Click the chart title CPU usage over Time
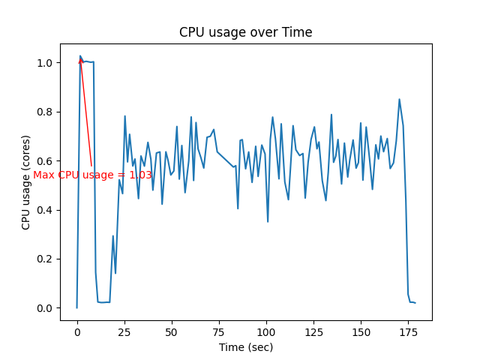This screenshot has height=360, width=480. click(x=245, y=32)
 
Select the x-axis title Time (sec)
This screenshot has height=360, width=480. click(x=245, y=347)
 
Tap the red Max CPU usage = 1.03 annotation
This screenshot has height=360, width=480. click(x=92, y=175)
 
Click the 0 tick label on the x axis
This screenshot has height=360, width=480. click(x=76, y=331)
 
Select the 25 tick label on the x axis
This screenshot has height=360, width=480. click(x=124, y=331)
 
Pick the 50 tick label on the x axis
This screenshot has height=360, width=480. click(x=172, y=331)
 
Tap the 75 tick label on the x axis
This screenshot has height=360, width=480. click(x=219, y=331)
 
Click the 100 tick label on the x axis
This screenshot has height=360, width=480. click(x=266, y=331)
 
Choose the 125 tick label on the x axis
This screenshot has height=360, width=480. click(x=313, y=331)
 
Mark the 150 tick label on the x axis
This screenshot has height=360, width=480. click(x=361, y=331)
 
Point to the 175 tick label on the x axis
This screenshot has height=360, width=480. click(x=408, y=331)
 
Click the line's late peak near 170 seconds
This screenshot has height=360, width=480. click(x=399, y=99)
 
